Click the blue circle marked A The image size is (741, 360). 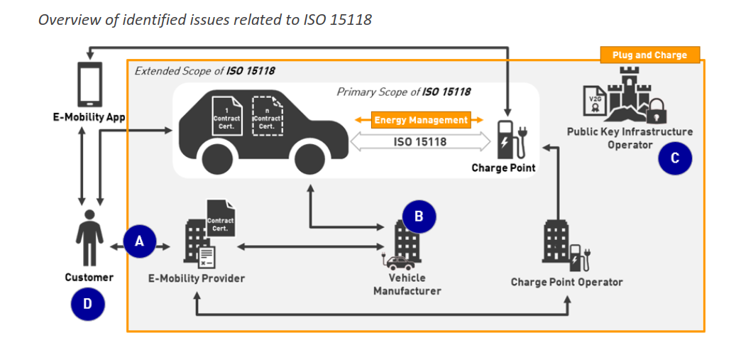(140, 241)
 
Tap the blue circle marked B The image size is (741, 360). (419, 217)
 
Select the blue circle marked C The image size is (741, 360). (674, 158)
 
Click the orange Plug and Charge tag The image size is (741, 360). (649, 55)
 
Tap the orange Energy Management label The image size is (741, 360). (420, 120)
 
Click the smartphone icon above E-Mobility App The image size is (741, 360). (89, 84)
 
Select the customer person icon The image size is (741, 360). (89, 239)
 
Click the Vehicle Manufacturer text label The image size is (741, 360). (407, 284)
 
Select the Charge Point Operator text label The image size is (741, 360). (566, 282)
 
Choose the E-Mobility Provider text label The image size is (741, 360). (196, 278)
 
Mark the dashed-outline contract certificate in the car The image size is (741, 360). (267, 116)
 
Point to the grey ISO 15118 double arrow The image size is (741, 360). (420, 142)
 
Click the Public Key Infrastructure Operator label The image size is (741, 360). (630, 138)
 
